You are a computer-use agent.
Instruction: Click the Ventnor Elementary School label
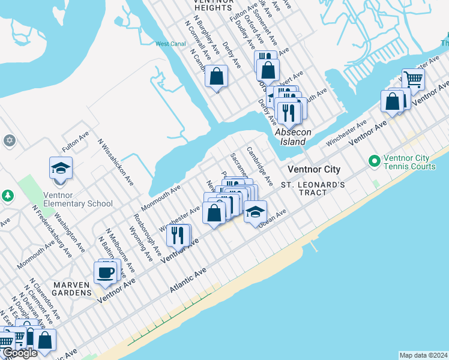(x=78, y=199)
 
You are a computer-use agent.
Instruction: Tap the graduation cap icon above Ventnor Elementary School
(x=61, y=168)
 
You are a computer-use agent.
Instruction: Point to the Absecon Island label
(x=290, y=137)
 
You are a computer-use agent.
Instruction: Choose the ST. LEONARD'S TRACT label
(x=313, y=188)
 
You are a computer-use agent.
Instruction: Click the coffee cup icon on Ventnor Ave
(x=105, y=272)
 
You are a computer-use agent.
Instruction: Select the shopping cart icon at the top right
(x=412, y=79)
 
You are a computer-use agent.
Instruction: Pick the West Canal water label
(x=170, y=44)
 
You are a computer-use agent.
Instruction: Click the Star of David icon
(x=8, y=140)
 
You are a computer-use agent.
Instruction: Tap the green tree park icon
(x=7, y=196)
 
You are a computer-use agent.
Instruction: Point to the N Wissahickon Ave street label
(x=116, y=162)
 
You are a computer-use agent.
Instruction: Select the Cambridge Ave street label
(x=260, y=166)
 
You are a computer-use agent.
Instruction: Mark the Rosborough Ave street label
(x=147, y=233)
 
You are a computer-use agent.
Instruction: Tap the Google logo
(x=20, y=353)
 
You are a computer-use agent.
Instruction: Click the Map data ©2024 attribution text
(x=423, y=355)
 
